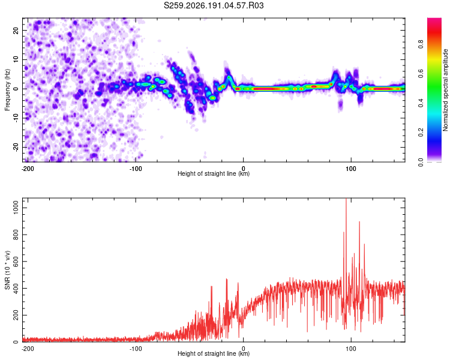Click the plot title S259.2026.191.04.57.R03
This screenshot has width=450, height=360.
(x=214, y=5)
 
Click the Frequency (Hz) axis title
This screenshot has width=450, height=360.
(x=7, y=90)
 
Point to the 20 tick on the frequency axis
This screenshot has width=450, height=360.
(x=16, y=31)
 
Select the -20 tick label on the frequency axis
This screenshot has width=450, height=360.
(x=16, y=147)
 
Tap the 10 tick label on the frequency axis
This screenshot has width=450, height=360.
(x=16, y=59)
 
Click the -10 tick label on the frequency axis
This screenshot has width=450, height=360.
(x=16, y=118)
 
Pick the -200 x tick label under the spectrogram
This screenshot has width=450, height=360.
(x=28, y=169)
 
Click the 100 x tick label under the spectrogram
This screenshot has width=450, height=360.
(x=351, y=169)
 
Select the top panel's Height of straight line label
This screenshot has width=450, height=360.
(x=214, y=173)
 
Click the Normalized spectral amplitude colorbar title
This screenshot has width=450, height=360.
(x=445, y=90)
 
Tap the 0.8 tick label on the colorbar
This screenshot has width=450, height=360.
(x=421, y=44)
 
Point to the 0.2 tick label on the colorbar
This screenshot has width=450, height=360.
(x=421, y=133)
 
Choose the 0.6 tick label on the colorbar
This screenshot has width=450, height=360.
(x=421, y=74)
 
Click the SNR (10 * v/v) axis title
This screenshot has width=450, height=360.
(x=7, y=270)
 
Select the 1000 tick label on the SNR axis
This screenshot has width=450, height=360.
(x=16, y=208)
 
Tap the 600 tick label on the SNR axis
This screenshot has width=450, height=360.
(x=16, y=262)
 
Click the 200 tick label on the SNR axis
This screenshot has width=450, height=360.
(x=16, y=315)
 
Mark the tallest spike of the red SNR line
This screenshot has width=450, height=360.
(x=346, y=199)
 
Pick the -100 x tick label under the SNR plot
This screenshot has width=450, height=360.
(x=136, y=349)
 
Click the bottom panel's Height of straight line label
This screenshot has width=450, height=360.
(x=214, y=353)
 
